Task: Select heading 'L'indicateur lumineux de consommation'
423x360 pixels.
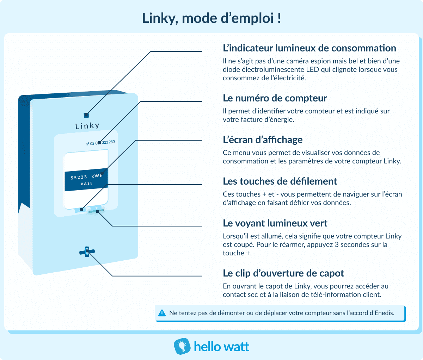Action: (x=309, y=48)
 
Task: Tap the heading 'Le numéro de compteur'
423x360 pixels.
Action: (x=275, y=98)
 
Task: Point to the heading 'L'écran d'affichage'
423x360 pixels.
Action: (x=263, y=140)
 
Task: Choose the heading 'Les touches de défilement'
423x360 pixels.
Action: (x=280, y=181)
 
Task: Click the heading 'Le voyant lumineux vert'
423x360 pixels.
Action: (x=275, y=223)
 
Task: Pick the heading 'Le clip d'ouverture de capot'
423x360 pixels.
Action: (x=283, y=273)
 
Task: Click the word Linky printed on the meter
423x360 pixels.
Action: (x=87, y=126)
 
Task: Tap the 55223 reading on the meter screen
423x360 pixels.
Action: (x=79, y=178)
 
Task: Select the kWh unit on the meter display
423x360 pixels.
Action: (x=97, y=176)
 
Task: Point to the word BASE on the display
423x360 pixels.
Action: (x=87, y=184)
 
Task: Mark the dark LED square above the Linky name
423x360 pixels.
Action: (x=86, y=115)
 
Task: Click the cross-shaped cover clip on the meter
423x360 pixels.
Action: (x=87, y=252)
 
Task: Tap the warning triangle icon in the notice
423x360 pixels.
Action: (x=162, y=313)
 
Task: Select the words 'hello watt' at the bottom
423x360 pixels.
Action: (x=221, y=347)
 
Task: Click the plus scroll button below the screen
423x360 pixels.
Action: (x=96, y=208)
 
